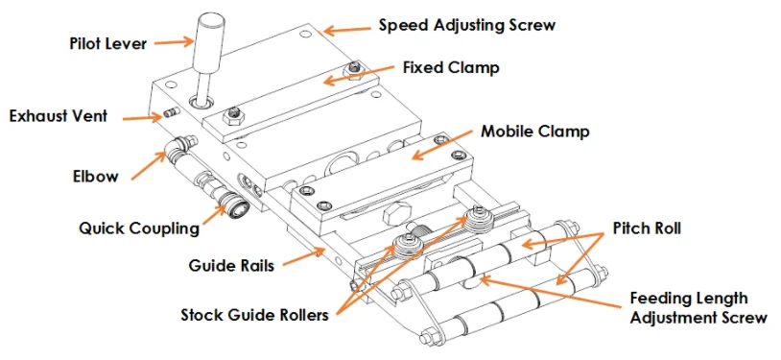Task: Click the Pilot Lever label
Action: point(108,44)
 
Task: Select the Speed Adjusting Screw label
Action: point(466,25)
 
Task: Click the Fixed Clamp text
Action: point(451,67)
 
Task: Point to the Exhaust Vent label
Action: point(59,117)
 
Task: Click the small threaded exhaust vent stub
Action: point(170,115)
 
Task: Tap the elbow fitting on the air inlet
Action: point(180,148)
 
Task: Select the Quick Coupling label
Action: point(139,228)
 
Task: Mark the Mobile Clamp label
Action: point(535,132)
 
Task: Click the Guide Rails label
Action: point(231,266)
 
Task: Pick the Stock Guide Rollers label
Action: point(254,315)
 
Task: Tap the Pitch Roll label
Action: point(647,228)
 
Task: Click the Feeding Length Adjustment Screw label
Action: point(698,307)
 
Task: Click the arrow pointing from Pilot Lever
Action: point(174,41)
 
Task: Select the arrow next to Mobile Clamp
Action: point(441,145)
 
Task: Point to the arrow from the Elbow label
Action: point(149,165)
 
